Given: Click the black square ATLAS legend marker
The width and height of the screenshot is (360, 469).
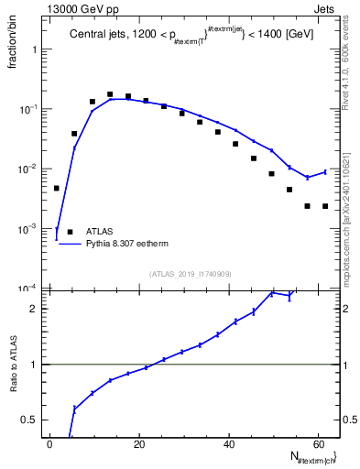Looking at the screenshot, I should point(70,232).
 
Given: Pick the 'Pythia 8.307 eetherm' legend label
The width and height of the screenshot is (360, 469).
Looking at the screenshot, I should point(124,245).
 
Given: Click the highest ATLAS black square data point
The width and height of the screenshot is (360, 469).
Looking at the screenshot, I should point(110,94).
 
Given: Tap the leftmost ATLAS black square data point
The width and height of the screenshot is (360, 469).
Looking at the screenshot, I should point(57,188).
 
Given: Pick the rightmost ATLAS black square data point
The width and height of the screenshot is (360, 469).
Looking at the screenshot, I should point(325,206).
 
